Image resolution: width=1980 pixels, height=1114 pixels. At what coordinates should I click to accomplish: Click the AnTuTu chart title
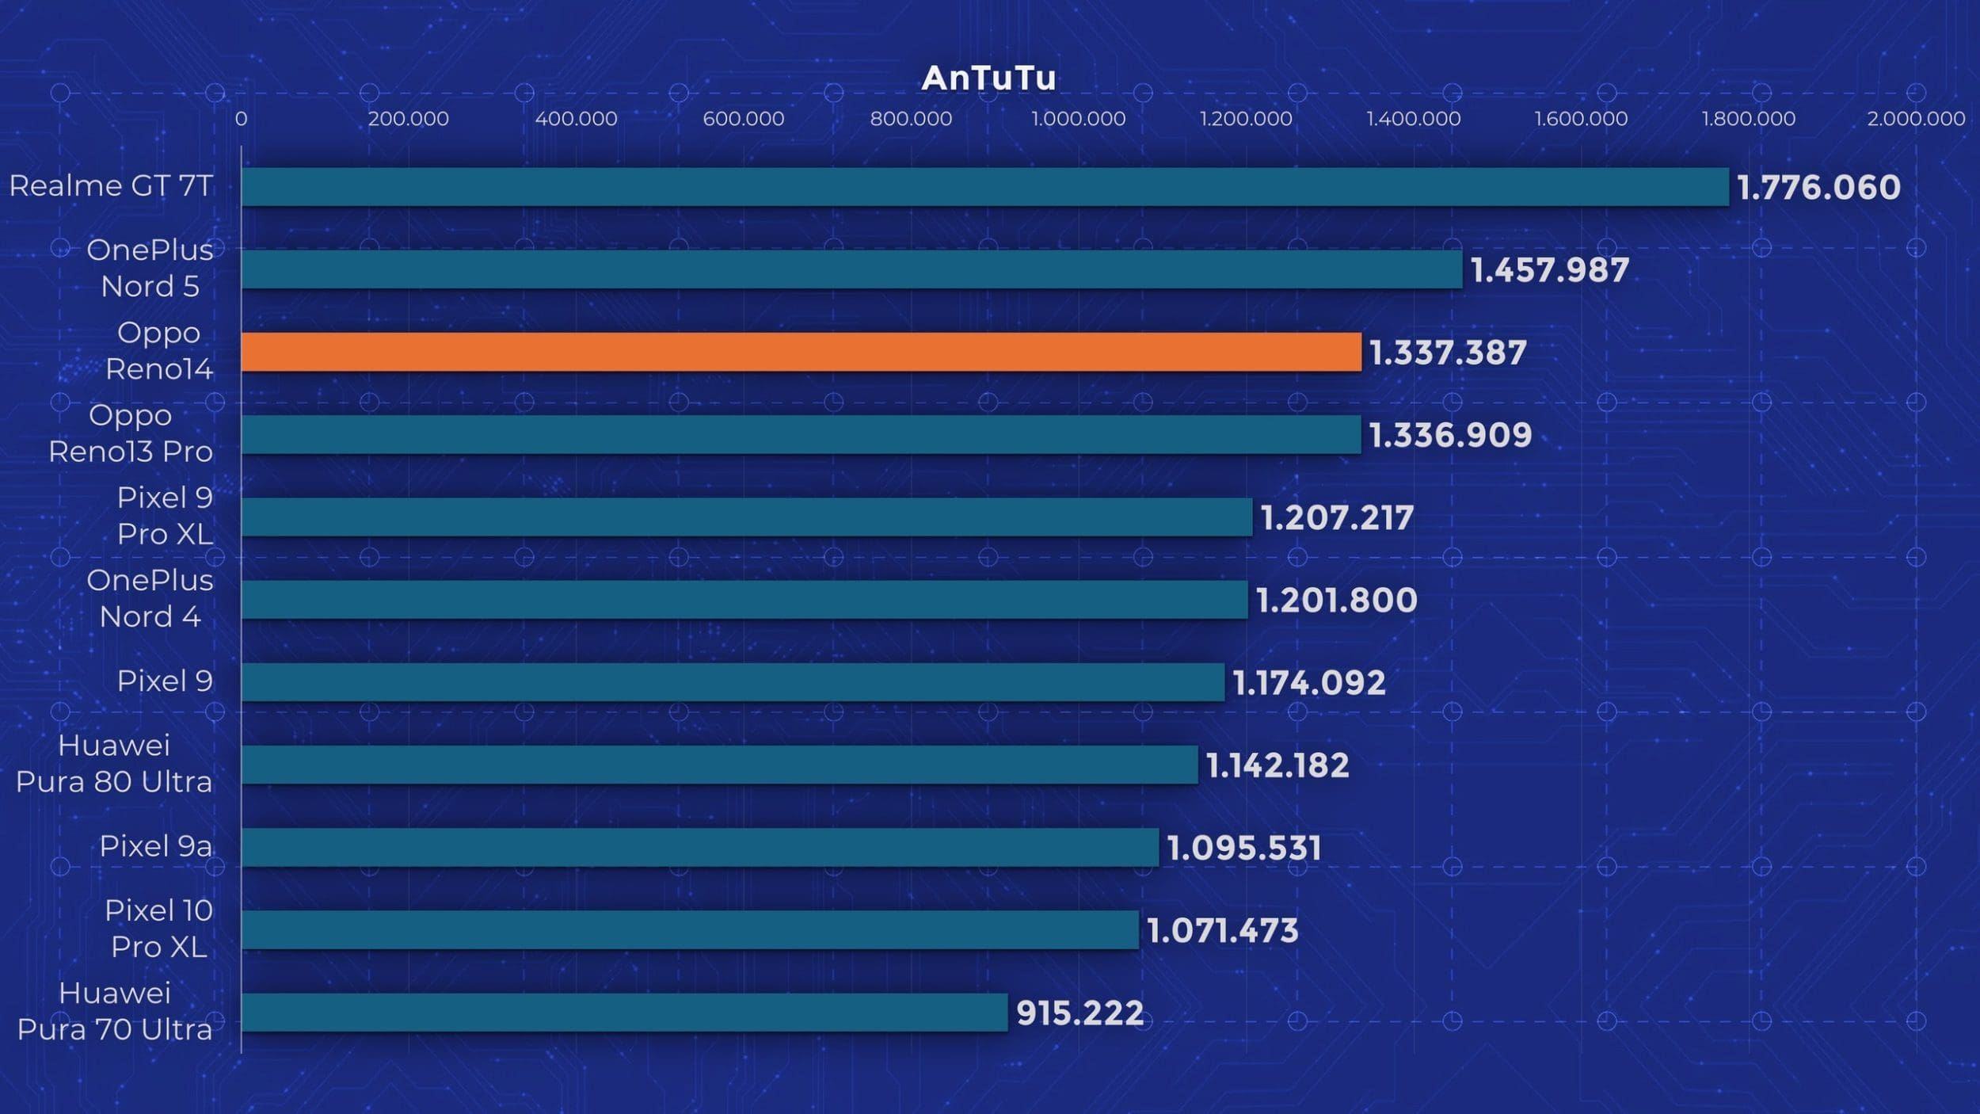point(988,78)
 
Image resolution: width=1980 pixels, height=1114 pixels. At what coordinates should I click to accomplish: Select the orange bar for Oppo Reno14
point(801,352)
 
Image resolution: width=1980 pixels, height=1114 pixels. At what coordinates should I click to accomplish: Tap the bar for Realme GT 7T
point(984,187)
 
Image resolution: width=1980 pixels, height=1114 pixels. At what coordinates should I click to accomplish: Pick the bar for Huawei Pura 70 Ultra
point(624,1013)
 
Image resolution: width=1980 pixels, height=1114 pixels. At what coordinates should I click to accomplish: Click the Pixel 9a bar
point(699,847)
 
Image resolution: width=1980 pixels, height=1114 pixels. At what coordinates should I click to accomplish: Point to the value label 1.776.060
point(1818,188)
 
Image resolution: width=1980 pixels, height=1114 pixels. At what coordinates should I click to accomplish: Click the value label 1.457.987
point(1550,270)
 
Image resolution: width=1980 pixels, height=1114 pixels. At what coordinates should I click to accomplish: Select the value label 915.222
point(1079,1013)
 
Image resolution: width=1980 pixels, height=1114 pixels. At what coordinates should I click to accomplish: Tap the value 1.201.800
point(1337,600)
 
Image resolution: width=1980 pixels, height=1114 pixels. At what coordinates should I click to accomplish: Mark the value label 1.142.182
point(1277,765)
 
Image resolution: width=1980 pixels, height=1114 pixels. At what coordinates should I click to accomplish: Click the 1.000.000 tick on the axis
point(1078,119)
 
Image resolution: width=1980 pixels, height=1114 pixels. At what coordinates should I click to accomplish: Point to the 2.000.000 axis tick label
point(1916,119)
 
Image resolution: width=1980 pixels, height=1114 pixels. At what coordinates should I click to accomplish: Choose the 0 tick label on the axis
point(241,119)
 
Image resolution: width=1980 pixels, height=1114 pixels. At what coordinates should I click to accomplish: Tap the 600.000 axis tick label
point(743,119)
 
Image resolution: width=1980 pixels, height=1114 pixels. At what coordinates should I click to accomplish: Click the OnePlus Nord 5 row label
point(150,268)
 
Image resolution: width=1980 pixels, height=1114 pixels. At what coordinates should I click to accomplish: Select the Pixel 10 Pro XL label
point(158,929)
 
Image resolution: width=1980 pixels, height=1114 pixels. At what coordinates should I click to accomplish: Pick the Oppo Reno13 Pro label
point(131,433)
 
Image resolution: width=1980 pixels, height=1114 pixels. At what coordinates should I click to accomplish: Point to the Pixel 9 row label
point(165,681)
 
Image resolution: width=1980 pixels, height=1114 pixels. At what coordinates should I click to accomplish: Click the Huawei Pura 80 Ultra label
point(114,764)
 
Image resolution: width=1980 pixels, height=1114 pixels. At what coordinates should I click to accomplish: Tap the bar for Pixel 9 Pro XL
point(746,517)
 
